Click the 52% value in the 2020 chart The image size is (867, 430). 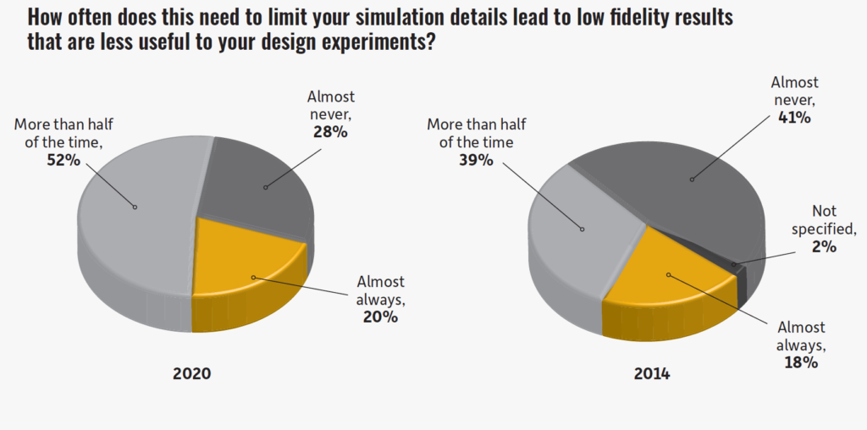tap(64, 160)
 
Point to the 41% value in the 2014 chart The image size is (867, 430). tap(793, 118)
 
